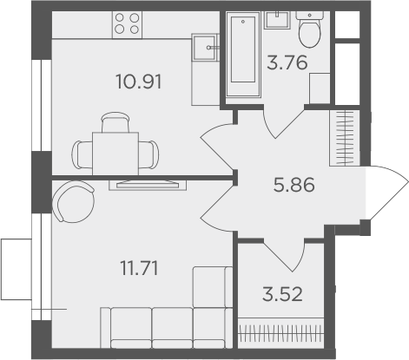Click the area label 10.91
140,83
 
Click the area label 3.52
280,291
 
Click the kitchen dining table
117,153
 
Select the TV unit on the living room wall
145,183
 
